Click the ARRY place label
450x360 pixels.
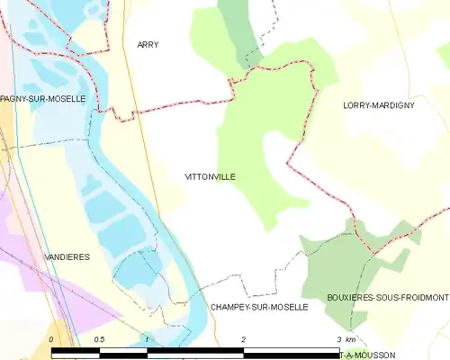(148, 44)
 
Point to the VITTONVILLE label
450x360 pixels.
(210, 176)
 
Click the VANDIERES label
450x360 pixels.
(67, 256)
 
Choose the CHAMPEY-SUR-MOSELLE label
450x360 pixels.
(259, 307)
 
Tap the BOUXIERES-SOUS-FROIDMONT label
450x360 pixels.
(389, 296)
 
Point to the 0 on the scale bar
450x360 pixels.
(51, 339)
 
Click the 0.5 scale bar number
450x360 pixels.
(99, 339)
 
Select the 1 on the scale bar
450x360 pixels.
(146, 339)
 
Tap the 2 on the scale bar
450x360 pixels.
(243, 339)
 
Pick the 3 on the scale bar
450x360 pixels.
(337, 339)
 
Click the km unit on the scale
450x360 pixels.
(350, 339)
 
